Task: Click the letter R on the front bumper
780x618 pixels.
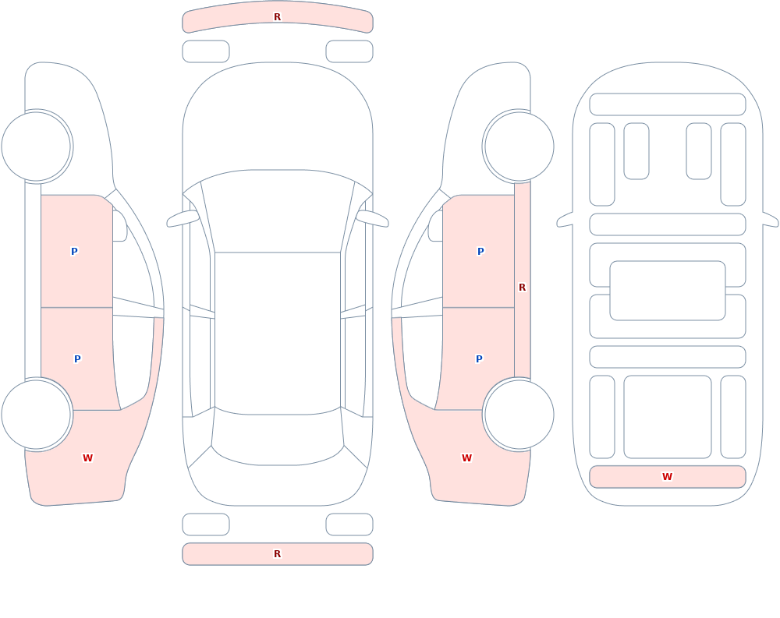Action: click(278, 17)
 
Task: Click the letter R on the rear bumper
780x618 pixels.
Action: click(278, 554)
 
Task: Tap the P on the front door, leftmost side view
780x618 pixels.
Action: click(74, 252)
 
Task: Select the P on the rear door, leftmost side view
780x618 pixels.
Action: click(77, 359)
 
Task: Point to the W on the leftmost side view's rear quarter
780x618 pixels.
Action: click(87, 458)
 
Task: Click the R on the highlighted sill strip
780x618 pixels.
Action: click(523, 288)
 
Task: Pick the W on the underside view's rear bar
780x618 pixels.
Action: click(667, 477)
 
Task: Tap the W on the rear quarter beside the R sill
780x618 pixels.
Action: click(466, 458)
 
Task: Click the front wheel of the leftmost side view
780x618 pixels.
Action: click(37, 147)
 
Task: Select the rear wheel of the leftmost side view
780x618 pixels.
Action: click(37, 414)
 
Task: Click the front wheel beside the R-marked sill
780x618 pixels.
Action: click(519, 147)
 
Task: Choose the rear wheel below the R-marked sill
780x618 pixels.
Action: click(519, 414)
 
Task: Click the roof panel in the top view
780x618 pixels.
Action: click(278, 333)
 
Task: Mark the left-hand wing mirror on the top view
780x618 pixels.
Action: click(182, 218)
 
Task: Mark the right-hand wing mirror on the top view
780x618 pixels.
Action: click(373, 218)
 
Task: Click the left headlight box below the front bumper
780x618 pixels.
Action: click(206, 51)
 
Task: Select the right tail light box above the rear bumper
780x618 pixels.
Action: click(349, 524)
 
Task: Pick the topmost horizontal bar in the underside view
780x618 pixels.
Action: click(668, 104)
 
